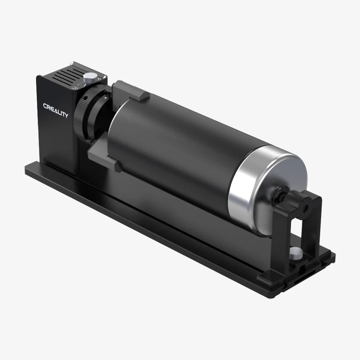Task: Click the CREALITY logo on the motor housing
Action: click(55, 111)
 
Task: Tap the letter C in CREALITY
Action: click(45, 106)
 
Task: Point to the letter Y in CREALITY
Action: click(66, 116)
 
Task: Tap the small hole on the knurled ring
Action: click(85, 98)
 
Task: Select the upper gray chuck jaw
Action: click(130, 91)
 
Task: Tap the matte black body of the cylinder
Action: click(173, 151)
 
